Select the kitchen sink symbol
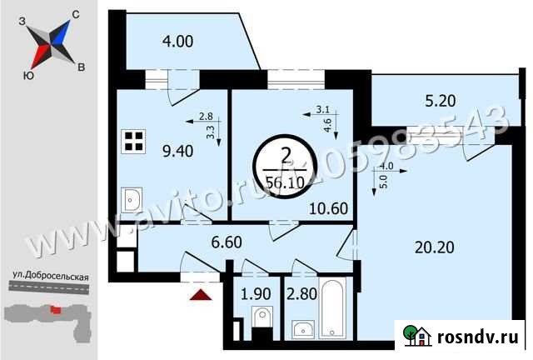[132, 201]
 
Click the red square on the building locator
[57, 310]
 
